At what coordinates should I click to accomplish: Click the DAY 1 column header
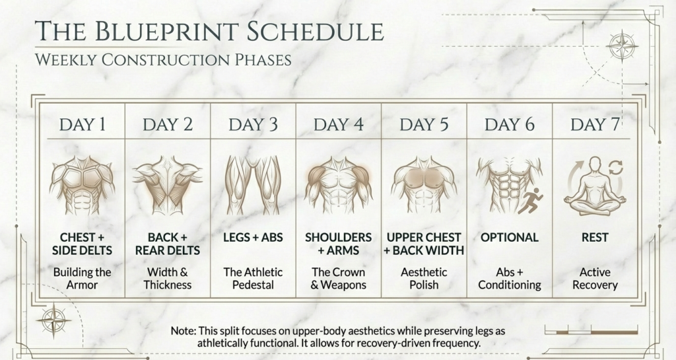[x=82, y=124]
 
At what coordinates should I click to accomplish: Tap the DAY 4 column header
[x=339, y=124]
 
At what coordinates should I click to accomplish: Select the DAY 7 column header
[x=595, y=124]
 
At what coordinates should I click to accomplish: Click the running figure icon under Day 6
[x=529, y=201]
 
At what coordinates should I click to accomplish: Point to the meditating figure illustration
[x=595, y=185]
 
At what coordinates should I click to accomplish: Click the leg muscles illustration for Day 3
[x=253, y=184]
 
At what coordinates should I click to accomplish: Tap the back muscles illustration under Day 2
[x=167, y=184]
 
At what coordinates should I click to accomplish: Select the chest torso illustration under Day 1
[x=82, y=184]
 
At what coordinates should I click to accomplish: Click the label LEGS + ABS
[x=253, y=237]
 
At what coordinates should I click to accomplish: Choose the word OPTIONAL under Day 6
[x=510, y=237]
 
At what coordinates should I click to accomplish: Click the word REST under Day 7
[x=595, y=237]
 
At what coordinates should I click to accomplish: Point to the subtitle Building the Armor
[x=82, y=279]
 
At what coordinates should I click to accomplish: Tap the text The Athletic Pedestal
[x=253, y=279]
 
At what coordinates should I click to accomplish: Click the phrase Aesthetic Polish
[x=424, y=279]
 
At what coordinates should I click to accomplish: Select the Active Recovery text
[x=595, y=279]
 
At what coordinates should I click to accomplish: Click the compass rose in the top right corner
[x=621, y=46]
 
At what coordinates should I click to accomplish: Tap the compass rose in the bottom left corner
[x=53, y=320]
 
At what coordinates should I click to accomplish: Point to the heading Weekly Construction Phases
[x=163, y=60]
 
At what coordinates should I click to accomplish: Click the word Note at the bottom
[x=183, y=330]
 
